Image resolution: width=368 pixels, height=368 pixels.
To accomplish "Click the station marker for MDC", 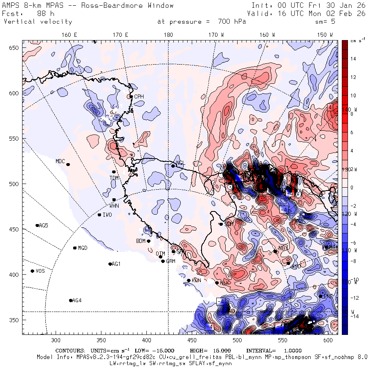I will pyautogui.click(x=68, y=164).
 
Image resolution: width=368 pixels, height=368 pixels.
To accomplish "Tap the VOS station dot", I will pyautogui.click(x=32, y=271).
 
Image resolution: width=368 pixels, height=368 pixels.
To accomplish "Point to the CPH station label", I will pyautogui.click(x=139, y=96).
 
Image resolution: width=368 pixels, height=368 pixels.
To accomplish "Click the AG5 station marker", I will pyautogui.click(x=37, y=225).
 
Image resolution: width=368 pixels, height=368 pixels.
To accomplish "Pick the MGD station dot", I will pyautogui.click(x=75, y=248).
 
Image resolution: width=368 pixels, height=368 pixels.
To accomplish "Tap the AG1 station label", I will pyautogui.click(x=116, y=264).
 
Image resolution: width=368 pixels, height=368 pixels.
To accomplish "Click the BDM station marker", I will pyautogui.click(x=148, y=241).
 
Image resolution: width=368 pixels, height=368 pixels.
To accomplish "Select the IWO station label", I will pyautogui.click(x=108, y=215).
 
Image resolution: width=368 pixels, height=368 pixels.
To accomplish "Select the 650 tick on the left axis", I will pyautogui.click(x=15, y=48).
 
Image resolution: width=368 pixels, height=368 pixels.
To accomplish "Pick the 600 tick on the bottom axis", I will pyautogui.click(x=328, y=340).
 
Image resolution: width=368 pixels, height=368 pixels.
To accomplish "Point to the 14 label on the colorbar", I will pyautogui.click(x=353, y=59).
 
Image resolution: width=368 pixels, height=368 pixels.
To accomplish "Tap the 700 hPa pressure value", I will pyautogui.click(x=229, y=22).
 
